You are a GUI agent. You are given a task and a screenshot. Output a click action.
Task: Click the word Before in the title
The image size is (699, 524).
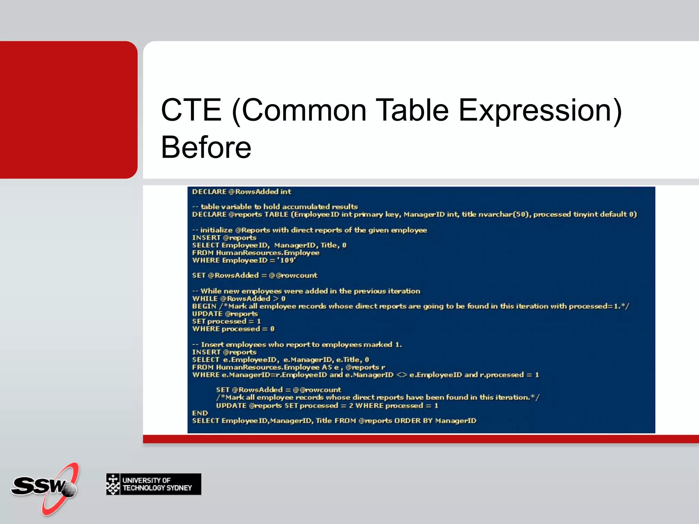(x=206, y=147)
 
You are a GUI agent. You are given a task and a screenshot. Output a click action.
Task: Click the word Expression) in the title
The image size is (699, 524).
(x=540, y=110)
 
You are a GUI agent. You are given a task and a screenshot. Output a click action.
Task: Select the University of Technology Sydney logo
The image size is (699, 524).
(x=154, y=484)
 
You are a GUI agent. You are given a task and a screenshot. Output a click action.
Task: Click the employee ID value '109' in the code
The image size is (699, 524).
(x=287, y=261)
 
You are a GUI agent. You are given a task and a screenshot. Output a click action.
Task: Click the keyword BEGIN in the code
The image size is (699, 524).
(x=204, y=306)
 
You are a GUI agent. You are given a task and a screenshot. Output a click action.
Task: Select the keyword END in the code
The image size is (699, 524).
(x=200, y=413)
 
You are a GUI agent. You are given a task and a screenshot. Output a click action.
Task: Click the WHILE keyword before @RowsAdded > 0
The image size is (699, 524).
(x=204, y=299)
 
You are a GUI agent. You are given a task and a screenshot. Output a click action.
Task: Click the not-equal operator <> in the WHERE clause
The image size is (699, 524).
(x=401, y=375)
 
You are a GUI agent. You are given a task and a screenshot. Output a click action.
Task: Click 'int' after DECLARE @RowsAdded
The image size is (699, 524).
(x=286, y=192)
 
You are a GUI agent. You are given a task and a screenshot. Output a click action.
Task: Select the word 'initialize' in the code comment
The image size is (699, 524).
(x=216, y=230)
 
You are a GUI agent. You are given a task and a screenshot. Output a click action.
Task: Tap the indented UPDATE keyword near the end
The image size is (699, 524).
(x=231, y=406)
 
